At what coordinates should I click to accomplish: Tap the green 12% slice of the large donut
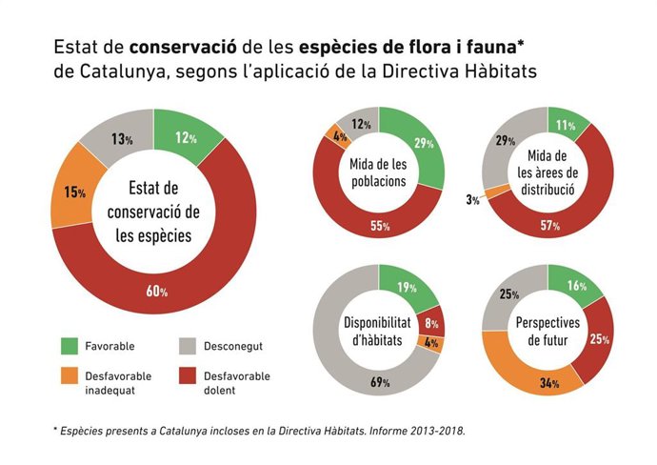pos(185,137)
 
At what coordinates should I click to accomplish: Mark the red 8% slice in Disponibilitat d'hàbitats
pos(432,322)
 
